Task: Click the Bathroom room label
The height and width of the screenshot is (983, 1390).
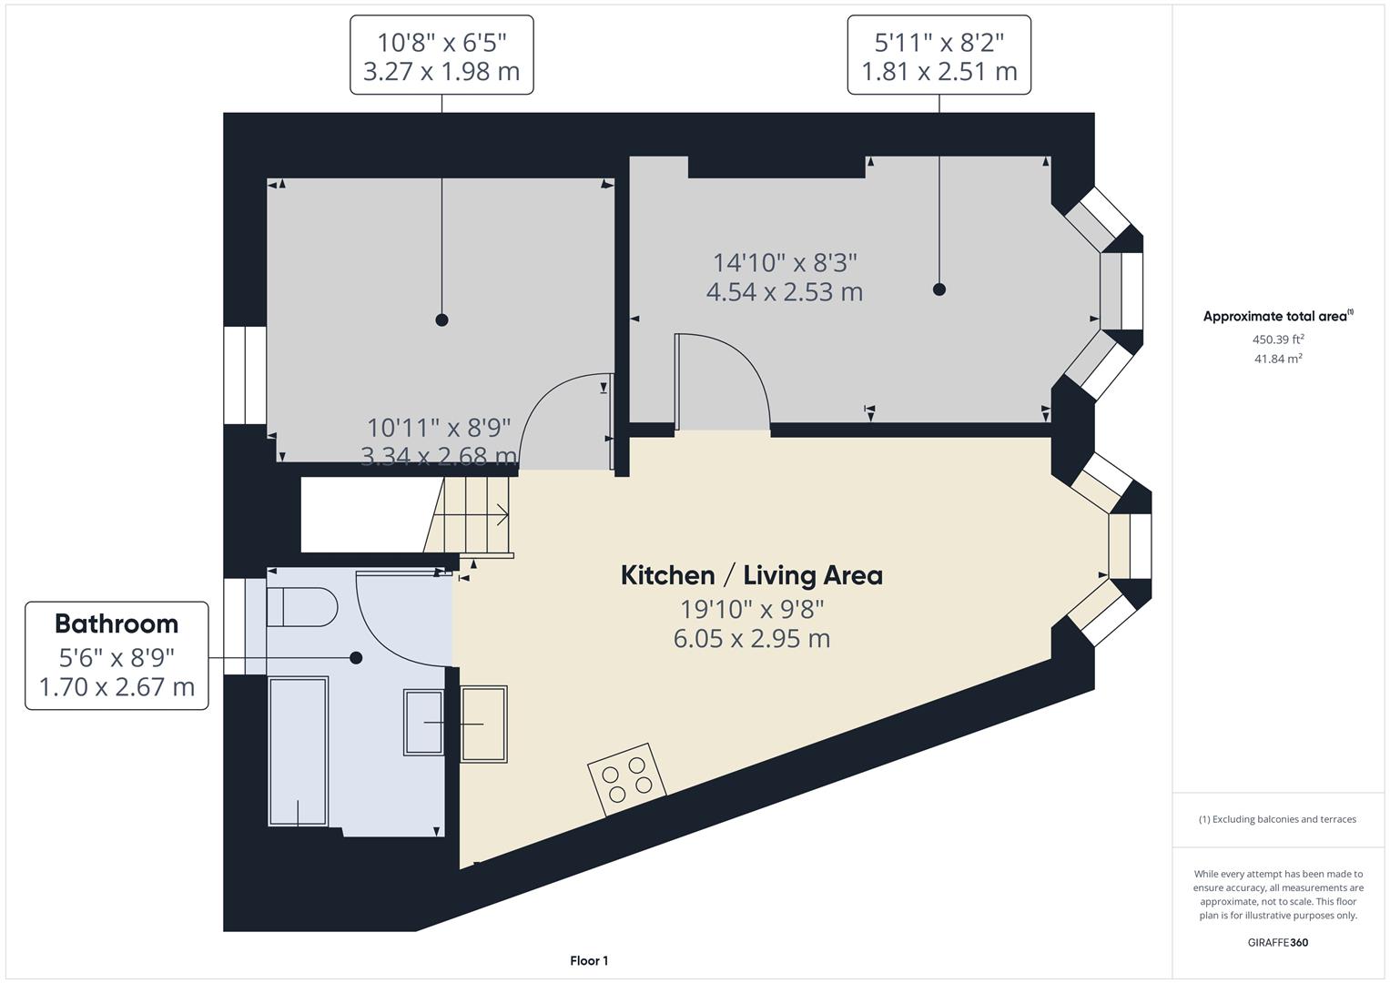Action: [117, 623]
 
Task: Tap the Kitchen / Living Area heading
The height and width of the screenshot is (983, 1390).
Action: [751, 575]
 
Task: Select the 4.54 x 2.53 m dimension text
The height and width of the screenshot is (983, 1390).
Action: [784, 292]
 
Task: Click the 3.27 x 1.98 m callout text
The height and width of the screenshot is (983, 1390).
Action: [441, 71]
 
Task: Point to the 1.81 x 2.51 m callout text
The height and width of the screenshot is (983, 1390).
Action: [939, 71]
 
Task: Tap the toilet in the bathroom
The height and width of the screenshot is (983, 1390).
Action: [302, 606]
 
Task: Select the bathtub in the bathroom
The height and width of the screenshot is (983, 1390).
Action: [298, 751]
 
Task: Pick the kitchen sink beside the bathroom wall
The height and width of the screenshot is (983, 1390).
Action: [483, 724]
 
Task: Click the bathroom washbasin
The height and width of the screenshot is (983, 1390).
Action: [423, 723]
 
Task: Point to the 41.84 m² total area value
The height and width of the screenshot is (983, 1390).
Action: [1278, 359]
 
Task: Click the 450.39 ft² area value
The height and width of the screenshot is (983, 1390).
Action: [1278, 339]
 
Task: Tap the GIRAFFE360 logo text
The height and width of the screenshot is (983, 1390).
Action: [1277, 942]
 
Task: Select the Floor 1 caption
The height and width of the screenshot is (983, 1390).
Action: [589, 960]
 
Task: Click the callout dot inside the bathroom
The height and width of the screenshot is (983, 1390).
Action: [356, 657]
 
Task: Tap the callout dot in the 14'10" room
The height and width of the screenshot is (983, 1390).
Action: [939, 289]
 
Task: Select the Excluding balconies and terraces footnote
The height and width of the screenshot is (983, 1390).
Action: [1277, 819]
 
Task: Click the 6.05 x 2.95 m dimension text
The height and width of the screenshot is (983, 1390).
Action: [751, 639]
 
